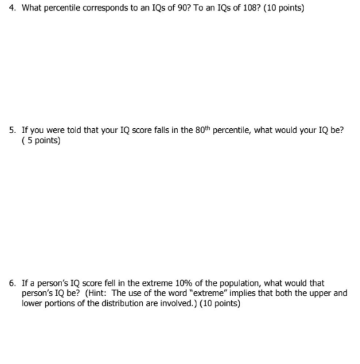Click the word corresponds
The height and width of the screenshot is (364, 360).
point(98,10)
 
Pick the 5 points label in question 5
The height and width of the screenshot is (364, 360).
point(42,141)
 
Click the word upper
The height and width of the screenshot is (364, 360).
point(322,293)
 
